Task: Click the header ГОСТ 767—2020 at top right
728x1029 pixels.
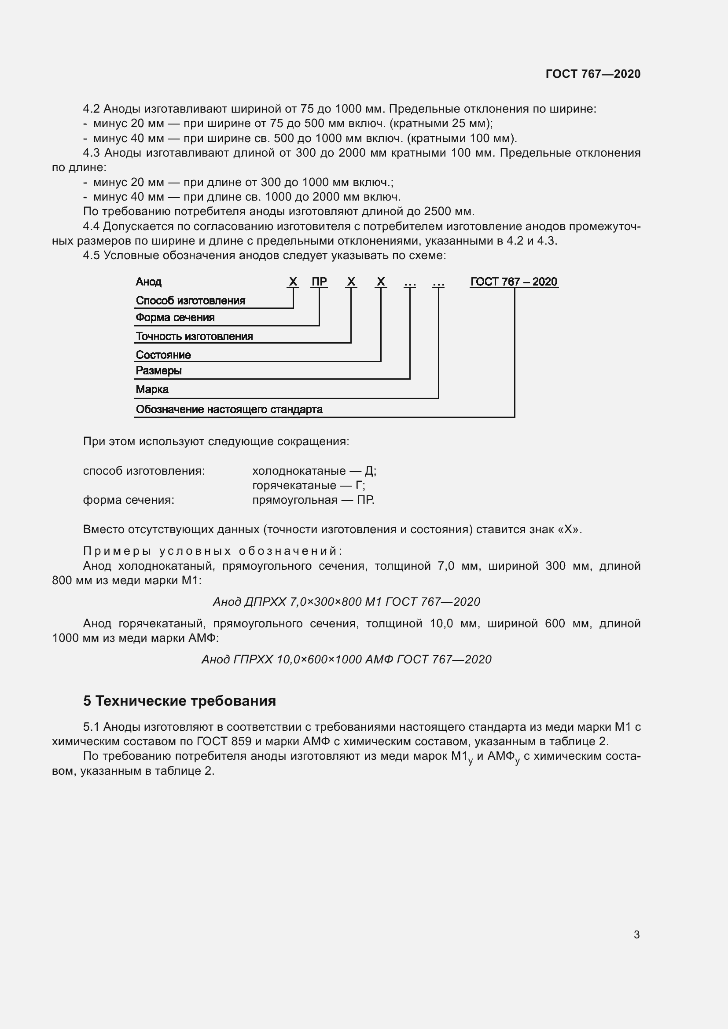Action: click(592, 74)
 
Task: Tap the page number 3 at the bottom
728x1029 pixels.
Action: click(636, 934)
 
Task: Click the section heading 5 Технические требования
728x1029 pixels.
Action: click(179, 700)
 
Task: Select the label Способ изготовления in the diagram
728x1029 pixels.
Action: click(191, 301)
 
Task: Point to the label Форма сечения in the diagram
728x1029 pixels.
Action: click(175, 318)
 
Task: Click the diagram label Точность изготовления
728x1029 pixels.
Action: click(194, 336)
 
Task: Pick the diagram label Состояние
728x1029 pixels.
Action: click(163, 355)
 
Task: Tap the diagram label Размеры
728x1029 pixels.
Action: click(158, 370)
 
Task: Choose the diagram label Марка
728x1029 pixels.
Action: click(152, 389)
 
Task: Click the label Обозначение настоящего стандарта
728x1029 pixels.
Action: click(229, 409)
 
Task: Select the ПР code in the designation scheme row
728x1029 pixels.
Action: click(319, 282)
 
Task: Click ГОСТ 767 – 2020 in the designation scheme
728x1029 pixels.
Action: click(514, 282)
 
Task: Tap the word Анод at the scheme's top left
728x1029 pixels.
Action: click(148, 282)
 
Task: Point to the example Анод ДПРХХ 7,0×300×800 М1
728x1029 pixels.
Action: click(346, 601)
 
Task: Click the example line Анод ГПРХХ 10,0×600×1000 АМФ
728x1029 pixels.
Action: click(346, 659)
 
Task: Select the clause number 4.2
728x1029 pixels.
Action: click(91, 109)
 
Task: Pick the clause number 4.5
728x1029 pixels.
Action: click(91, 256)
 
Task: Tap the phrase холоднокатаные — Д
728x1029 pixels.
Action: click(314, 471)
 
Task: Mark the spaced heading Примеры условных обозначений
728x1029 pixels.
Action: click(213, 551)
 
